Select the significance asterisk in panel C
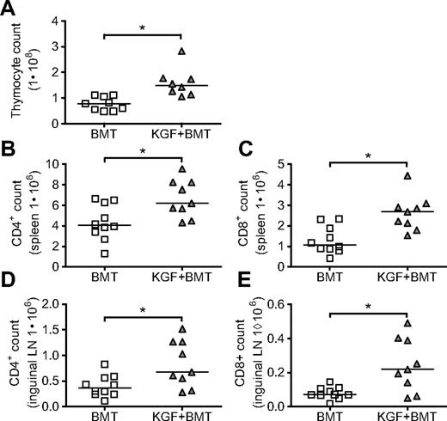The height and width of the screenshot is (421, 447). click(370, 158)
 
